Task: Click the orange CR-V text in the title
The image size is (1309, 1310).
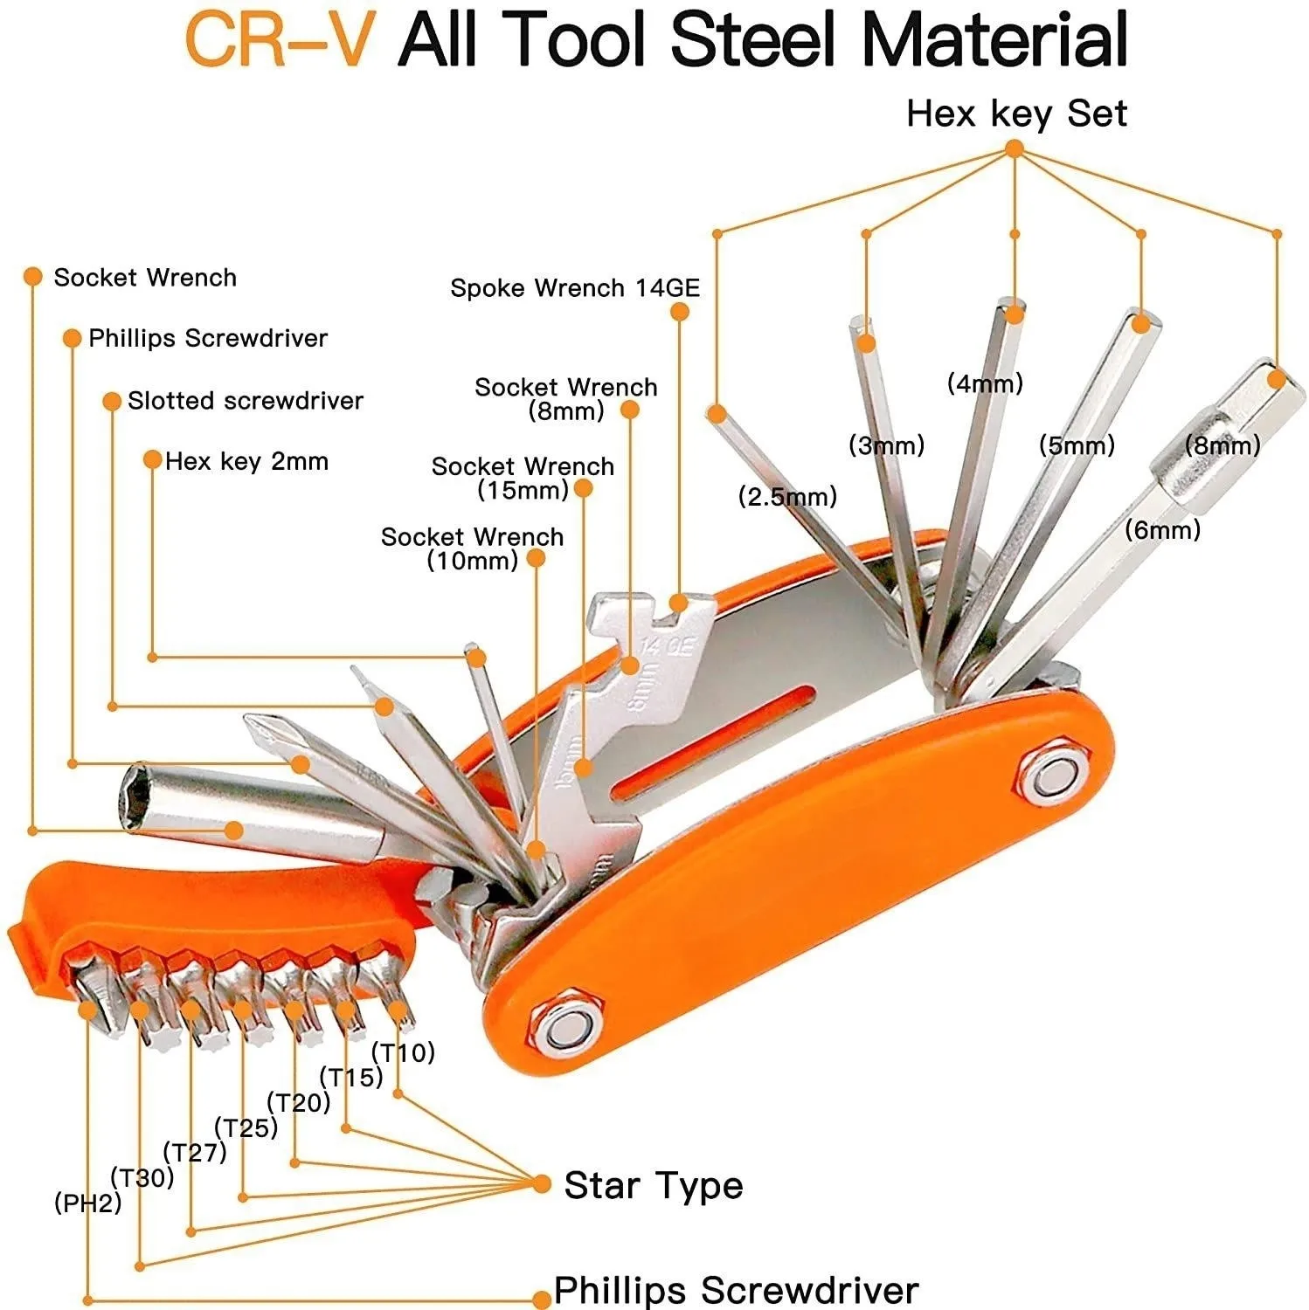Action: [277, 40]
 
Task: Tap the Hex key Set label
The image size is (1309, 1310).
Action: [1016, 114]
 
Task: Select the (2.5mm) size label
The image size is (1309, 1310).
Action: [787, 497]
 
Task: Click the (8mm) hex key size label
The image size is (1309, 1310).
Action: [1222, 445]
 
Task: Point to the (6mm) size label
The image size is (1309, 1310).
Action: [1162, 529]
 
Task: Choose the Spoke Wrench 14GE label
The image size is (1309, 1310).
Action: [575, 288]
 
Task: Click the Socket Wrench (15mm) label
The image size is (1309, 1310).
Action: [523, 478]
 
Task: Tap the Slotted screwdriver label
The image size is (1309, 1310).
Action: [245, 401]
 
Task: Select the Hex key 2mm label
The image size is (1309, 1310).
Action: [246, 461]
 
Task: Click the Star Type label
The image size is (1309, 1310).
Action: [653, 1185]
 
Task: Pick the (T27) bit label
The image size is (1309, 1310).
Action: [195, 1153]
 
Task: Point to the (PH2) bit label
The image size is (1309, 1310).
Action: [87, 1203]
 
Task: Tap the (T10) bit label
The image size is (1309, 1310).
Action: [403, 1052]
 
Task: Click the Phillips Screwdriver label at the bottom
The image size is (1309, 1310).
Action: [736, 1290]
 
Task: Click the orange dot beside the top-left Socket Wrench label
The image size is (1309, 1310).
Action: [33, 278]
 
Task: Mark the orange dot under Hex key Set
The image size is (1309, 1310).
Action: [1015, 149]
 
